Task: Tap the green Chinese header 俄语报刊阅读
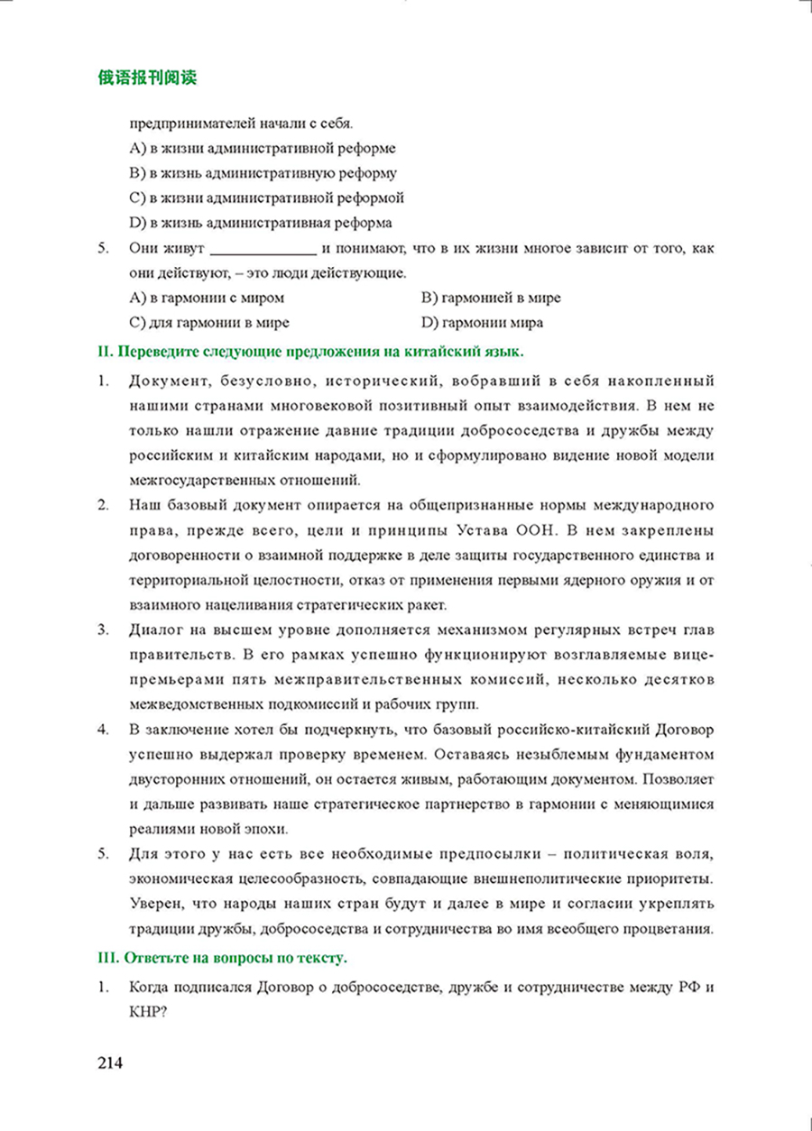click(x=147, y=78)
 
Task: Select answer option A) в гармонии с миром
click(x=208, y=298)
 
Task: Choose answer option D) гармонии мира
click(x=482, y=322)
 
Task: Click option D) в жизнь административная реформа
click(x=261, y=222)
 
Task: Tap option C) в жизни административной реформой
click(x=266, y=198)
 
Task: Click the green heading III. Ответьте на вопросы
click(x=222, y=956)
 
